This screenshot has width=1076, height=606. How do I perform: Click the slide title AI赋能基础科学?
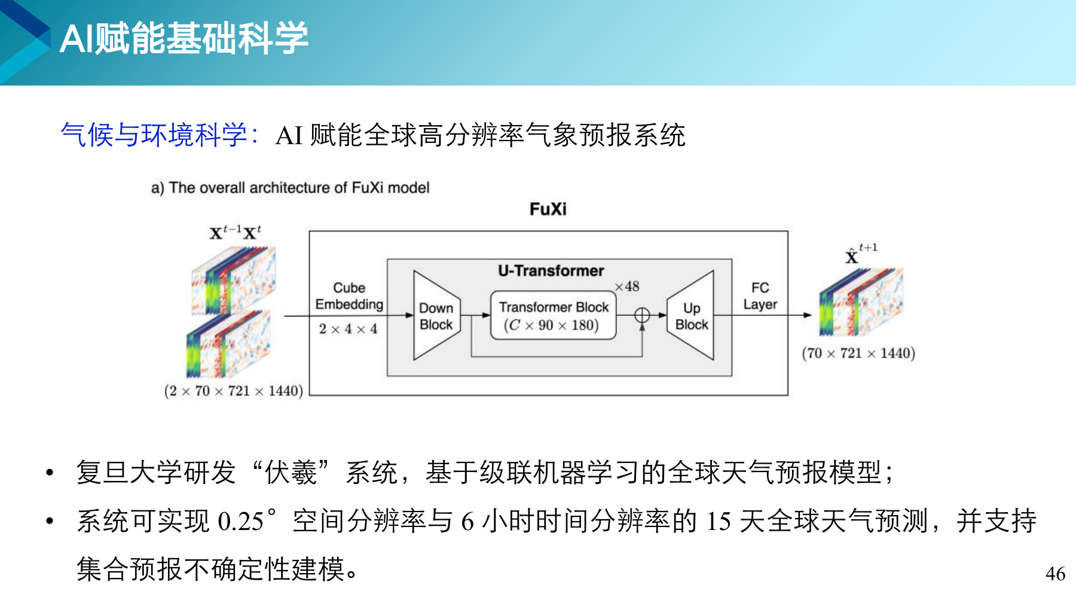184,38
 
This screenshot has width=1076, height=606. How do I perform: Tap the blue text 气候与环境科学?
154,135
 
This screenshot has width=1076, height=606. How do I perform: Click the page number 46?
1055,574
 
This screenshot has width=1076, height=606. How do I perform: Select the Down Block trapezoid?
437,315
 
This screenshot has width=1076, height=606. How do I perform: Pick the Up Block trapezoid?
690,315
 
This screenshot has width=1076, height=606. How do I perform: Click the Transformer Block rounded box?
554,315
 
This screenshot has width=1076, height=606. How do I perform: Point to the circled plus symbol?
642,315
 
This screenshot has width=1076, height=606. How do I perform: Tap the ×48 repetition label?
627,287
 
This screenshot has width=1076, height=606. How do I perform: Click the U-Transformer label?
551,270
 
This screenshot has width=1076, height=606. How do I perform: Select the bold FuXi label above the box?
548,209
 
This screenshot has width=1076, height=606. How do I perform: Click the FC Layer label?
760,296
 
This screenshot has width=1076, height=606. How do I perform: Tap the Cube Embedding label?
349,296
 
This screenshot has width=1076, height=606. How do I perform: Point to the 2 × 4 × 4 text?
348,329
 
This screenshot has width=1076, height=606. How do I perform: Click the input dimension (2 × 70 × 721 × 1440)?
234,391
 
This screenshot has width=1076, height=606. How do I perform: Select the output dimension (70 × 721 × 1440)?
858,353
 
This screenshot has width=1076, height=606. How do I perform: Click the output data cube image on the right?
861,302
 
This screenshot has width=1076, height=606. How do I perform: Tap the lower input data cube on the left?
228,344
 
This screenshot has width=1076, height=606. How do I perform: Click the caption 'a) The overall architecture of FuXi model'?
291,188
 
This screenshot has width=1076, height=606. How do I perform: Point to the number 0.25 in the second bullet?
240,521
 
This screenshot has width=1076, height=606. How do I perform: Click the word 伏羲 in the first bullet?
291,472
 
